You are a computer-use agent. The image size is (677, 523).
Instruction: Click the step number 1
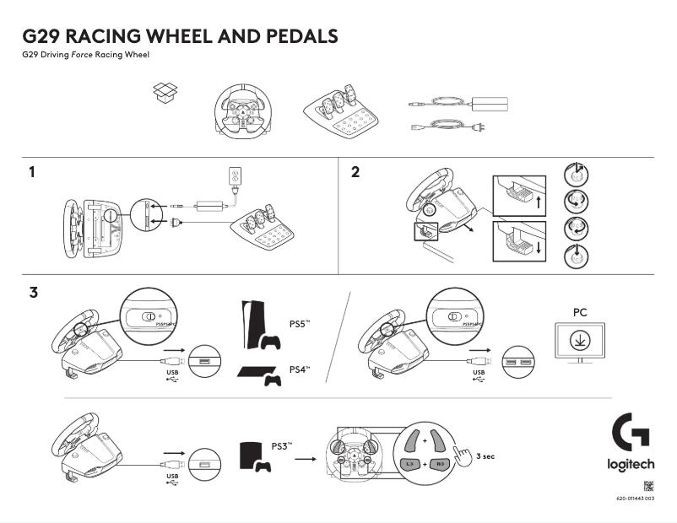tap(32, 173)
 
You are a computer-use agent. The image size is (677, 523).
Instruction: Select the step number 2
tap(355, 173)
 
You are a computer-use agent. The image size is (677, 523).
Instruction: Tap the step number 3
tap(33, 294)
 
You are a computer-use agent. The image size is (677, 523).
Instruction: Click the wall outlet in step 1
tap(235, 176)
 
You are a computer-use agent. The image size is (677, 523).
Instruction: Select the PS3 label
tap(281, 445)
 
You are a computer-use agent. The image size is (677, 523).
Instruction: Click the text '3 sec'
tap(485, 456)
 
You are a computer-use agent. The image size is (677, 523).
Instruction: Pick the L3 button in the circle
tap(410, 464)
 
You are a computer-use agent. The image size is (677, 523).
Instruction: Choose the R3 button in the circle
tap(439, 464)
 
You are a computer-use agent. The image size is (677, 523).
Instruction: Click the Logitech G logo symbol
tap(631, 432)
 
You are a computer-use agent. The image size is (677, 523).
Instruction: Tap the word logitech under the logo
tap(631, 465)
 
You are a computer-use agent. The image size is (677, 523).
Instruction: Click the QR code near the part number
tap(648, 486)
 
